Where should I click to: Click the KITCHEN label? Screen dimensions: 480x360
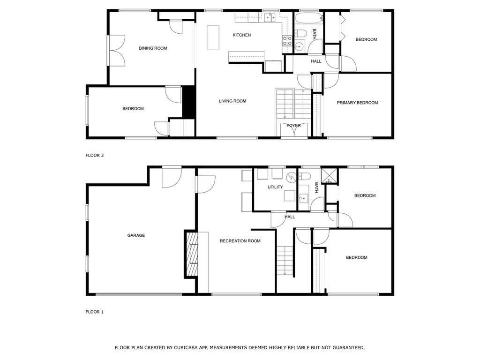coord(241,35)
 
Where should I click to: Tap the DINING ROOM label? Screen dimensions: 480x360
coord(153,48)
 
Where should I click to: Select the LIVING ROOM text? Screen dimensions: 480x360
coord(232,101)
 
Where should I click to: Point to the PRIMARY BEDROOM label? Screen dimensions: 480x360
coord(357,103)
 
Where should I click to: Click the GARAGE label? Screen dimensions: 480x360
coord(136,235)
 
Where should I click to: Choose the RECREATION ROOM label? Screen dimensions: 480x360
coord(240,241)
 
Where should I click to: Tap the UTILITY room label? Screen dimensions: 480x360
coord(275,187)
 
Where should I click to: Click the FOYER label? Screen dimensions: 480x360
coord(293,126)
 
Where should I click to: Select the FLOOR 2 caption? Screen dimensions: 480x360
coord(95,156)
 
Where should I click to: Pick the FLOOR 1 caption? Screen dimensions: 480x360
coord(95,312)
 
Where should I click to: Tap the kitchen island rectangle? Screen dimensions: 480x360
coord(213,37)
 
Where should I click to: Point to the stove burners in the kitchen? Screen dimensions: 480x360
coord(287,41)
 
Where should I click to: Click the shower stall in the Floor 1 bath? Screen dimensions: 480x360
coord(329,176)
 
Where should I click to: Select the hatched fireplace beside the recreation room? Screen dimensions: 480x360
coord(192,255)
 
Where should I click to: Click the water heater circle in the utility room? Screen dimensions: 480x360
coord(291,177)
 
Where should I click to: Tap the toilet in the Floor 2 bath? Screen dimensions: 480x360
coord(300,33)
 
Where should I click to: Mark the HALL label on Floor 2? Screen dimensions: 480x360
coord(316,61)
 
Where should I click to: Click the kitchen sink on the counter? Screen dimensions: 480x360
coord(270,17)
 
